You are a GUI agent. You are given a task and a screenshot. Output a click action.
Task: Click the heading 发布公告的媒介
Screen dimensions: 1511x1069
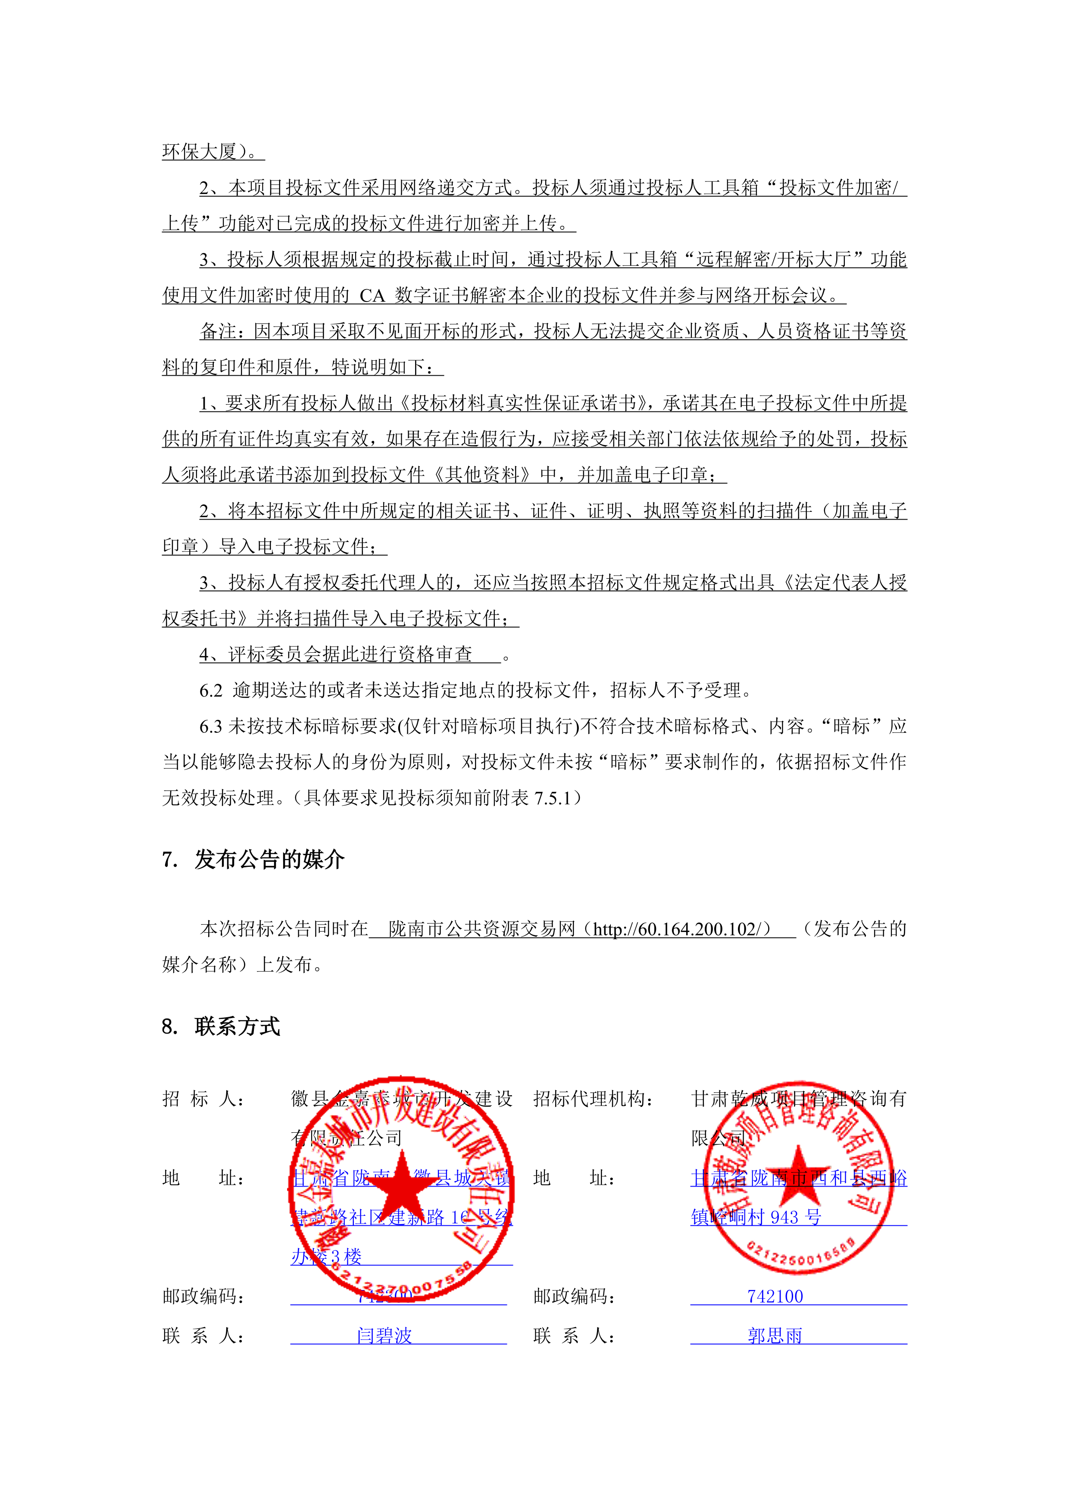click(x=269, y=860)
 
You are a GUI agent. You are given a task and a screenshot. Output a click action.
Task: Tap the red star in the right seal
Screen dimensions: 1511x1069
click(x=798, y=1175)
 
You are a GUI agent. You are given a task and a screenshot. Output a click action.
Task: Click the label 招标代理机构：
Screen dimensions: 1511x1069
click(x=593, y=1098)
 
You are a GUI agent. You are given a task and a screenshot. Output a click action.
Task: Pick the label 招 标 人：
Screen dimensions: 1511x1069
click(x=204, y=1098)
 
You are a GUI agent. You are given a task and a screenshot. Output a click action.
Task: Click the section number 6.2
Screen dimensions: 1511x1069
click(x=211, y=690)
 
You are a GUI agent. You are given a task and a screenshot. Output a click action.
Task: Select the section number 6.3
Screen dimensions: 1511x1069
click(x=211, y=726)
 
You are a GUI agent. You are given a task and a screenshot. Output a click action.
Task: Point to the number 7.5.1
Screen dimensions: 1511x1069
click(x=552, y=798)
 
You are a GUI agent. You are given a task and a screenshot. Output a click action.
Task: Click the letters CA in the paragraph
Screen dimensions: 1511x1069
click(x=372, y=296)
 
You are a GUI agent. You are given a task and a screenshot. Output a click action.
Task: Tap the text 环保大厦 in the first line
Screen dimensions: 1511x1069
click(x=199, y=152)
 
